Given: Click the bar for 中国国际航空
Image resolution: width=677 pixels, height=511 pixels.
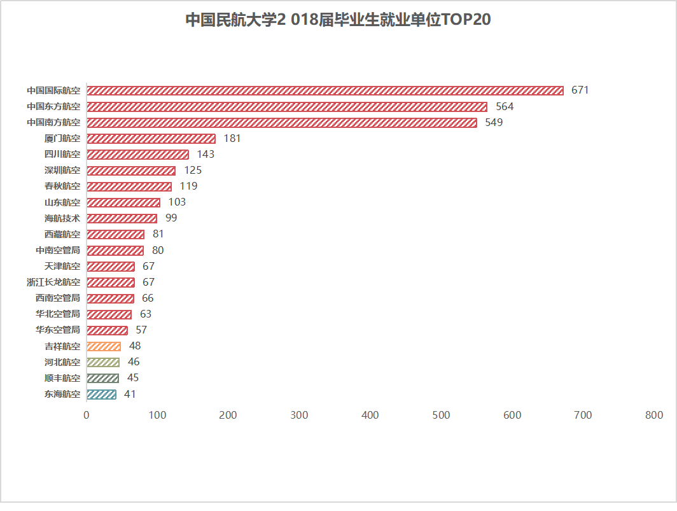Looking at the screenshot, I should pos(325,90).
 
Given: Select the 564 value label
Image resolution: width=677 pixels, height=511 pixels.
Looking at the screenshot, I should pos(505,106).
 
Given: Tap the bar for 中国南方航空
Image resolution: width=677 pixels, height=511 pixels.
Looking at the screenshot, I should pos(281,122).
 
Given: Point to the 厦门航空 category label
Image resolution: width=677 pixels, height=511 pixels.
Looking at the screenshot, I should pos(62,138).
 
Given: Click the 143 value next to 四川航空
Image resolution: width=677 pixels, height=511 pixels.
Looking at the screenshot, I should pos(206,154).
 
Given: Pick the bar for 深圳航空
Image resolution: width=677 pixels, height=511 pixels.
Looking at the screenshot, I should pos(130,171).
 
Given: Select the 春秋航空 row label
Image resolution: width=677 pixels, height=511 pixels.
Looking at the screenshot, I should pos(62,186).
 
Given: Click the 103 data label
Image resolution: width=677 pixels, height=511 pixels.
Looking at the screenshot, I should pos(177,202).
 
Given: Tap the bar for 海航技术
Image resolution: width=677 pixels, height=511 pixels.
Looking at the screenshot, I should pos(122,218).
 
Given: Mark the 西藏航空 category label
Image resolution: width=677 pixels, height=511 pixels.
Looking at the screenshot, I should pos(62,234).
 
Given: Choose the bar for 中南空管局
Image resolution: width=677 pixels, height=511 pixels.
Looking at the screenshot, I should pos(115,250).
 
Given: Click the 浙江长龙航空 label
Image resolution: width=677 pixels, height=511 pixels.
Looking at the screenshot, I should pos(53,282).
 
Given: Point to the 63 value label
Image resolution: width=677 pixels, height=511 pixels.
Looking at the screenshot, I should pos(146,314).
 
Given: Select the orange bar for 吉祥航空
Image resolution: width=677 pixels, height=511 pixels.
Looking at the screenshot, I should pos(104,346).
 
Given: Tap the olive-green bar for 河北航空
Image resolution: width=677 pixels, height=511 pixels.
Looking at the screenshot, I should pos(103,362).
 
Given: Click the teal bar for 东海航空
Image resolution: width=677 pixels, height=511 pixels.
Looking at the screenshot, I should pos(101,394).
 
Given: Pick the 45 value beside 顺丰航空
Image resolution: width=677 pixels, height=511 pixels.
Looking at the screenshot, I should pos(133,378).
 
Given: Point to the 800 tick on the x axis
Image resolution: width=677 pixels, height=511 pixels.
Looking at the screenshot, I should pos(654,416).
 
